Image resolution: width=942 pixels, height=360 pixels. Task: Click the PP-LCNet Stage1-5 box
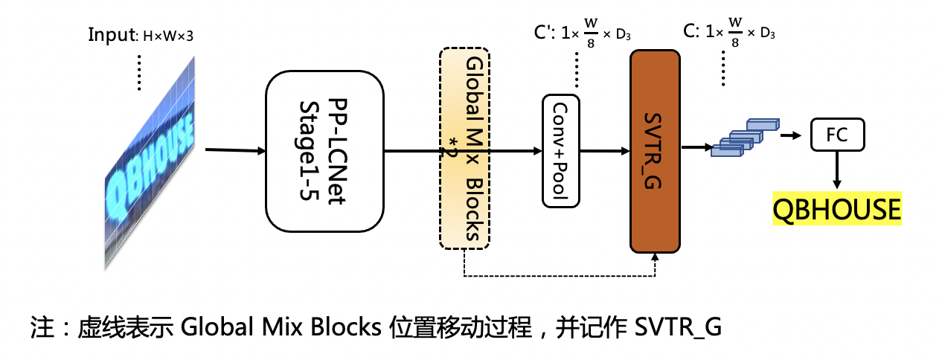pos(324,150)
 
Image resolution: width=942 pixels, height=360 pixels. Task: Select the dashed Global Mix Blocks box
pos(465,147)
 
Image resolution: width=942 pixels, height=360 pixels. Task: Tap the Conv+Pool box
pos(561,151)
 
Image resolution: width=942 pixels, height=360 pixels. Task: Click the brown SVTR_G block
pos(655,151)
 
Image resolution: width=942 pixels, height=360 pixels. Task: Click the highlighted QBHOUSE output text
pos(837,210)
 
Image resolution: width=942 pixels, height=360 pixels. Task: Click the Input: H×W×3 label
pos(141,35)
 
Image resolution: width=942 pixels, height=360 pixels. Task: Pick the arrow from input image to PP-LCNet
pos(234,151)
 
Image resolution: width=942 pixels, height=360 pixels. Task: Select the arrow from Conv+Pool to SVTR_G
pos(605,151)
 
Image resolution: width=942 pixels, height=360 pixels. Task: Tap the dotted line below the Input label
pos(139,72)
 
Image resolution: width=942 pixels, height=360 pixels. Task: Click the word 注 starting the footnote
pos(41,327)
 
